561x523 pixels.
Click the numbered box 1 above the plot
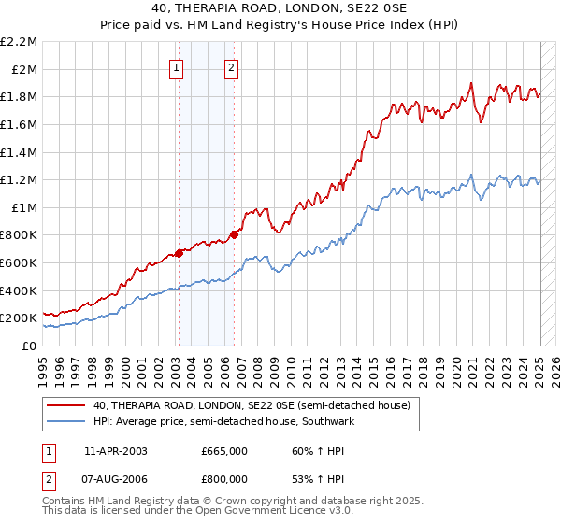pyautogui.click(x=177, y=66)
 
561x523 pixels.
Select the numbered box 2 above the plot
pyautogui.click(x=231, y=66)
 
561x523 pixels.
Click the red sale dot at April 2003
pyautogui.click(x=179, y=253)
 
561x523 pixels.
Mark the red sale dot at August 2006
pyautogui.click(x=235, y=234)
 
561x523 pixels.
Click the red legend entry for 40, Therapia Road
pyautogui.click(x=252, y=405)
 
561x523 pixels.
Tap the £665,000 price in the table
pyautogui.click(x=224, y=450)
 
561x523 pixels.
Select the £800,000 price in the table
pyautogui.click(x=224, y=481)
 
